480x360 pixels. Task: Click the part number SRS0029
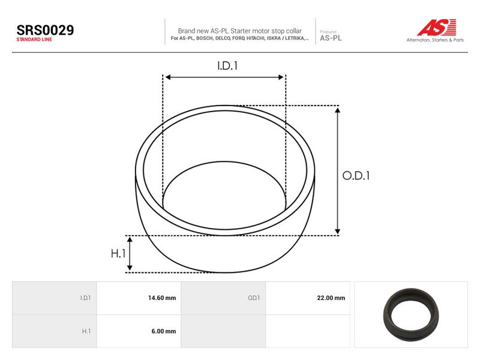click(45, 30)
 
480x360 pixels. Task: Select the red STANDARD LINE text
click(34, 40)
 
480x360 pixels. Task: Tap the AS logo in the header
click(437, 27)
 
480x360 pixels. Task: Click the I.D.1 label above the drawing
click(227, 66)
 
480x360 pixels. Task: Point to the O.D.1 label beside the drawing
click(356, 176)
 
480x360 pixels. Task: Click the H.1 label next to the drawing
click(118, 253)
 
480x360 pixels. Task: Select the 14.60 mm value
click(162, 298)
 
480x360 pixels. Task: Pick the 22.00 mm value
click(331, 298)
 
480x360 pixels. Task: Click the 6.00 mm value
click(163, 331)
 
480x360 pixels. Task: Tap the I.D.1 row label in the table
click(85, 298)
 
